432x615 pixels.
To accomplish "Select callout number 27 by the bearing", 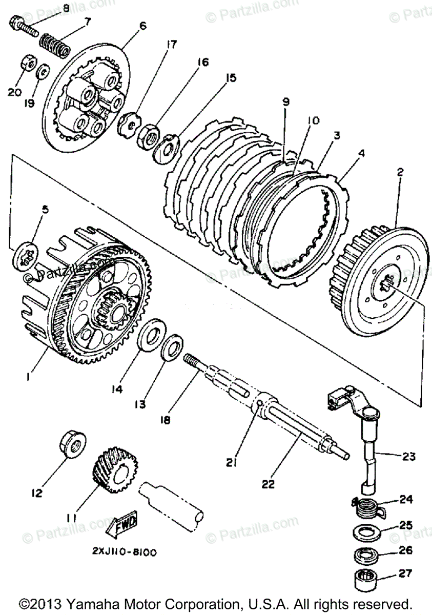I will click(x=405, y=574).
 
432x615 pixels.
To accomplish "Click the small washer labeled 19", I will click(x=43, y=69).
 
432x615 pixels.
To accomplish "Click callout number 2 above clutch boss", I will click(x=400, y=173).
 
